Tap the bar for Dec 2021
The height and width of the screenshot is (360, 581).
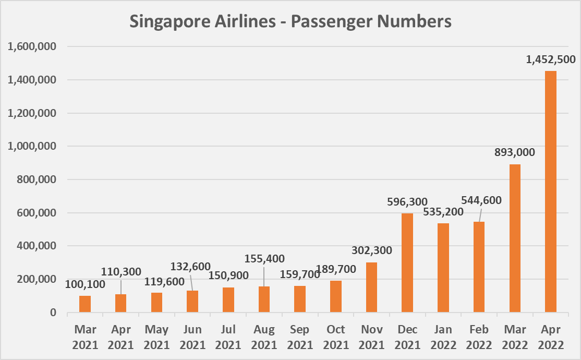point(407,263)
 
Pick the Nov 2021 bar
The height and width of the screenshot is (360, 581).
point(371,287)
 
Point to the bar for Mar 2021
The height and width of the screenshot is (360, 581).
point(85,304)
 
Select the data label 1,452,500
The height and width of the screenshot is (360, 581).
point(550,61)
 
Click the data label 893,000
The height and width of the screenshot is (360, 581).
point(515,153)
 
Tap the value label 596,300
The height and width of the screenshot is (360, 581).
point(407,201)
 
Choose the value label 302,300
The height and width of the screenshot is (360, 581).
point(371,250)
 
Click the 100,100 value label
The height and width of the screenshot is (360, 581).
point(85,284)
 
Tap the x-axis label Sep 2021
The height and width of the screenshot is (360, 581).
point(300,338)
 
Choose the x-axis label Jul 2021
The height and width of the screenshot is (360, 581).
point(228,338)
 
